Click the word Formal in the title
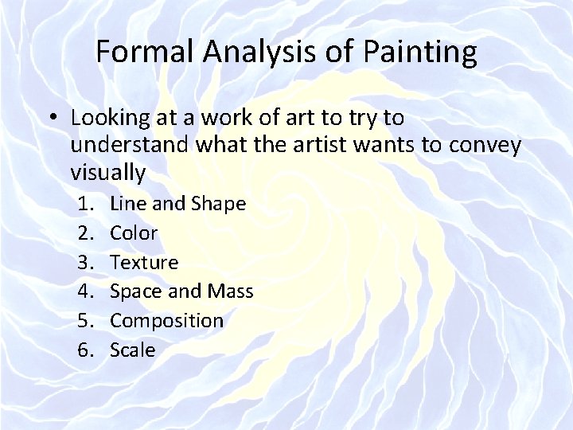(x=145, y=53)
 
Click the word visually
(x=107, y=172)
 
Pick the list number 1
(x=89, y=204)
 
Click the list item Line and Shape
(x=177, y=204)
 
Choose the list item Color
(x=134, y=233)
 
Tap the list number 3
(x=89, y=262)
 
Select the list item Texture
(x=144, y=262)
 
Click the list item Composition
(x=166, y=321)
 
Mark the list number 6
(x=89, y=350)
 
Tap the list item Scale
(x=132, y=350)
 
